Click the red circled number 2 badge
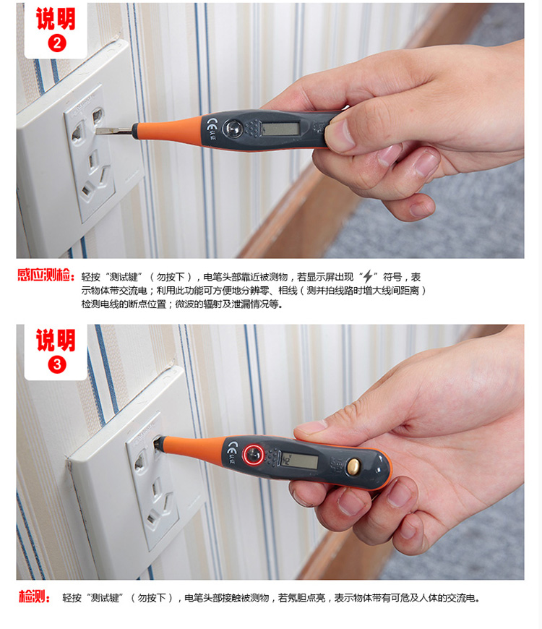[57, 43]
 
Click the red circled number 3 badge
[57, 364]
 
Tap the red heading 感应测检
[46, 275]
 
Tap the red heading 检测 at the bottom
[34, 597]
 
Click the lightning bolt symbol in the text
[368, 277]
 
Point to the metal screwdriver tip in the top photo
[114, 131]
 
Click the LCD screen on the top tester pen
[280, 129]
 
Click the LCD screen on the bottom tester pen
[298, 461]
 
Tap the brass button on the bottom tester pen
[353, 466]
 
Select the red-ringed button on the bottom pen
[254, 454]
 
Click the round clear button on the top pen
[232, 128]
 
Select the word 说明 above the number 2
[56, 19]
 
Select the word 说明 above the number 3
[56, 341]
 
